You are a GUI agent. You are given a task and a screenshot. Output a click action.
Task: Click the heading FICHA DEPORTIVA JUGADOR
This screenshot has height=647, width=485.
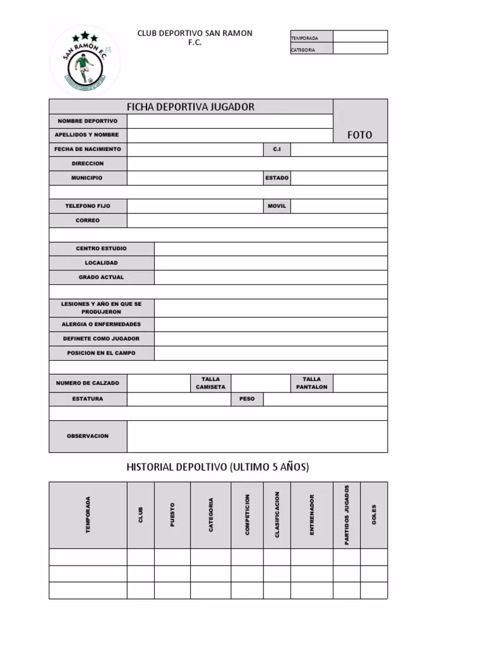[191, 107]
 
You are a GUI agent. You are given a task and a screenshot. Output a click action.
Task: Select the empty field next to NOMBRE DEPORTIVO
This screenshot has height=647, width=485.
[230, 121]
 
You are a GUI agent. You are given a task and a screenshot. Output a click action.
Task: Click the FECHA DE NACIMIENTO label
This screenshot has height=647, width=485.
[88, 149]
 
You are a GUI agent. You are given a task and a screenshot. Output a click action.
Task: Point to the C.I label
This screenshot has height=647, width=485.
[277, 149]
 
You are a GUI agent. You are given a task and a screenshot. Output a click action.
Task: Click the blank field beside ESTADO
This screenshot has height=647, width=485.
[339, 178]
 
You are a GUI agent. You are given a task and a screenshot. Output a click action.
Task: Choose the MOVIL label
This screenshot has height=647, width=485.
[277, 206]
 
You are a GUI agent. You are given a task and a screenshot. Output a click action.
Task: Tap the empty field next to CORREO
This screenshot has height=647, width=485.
[257, 221]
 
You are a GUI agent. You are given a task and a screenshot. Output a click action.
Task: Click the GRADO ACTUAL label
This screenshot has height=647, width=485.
[101, 277]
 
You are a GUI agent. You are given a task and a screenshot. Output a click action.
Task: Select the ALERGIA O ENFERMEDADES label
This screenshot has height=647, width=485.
[101, 324]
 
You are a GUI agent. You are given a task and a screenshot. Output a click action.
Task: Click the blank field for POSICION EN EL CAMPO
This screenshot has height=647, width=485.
[271, 353]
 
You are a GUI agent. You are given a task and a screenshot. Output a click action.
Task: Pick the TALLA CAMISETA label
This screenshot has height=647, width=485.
[210, 383]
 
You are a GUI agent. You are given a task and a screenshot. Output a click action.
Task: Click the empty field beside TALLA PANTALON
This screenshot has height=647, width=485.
[360, 383]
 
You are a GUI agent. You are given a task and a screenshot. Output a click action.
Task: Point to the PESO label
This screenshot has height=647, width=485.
[247, 399]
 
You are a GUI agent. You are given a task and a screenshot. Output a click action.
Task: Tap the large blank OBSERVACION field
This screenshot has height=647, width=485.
[257, 437]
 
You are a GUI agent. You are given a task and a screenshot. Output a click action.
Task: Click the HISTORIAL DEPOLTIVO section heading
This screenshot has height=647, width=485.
[218, 468]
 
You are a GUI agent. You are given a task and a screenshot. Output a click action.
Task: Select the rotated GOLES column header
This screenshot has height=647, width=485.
[374, 515]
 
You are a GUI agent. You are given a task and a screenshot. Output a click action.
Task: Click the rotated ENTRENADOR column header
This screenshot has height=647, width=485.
[311, 515]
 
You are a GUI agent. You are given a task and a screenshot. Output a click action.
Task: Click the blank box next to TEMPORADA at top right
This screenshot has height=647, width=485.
[360, 37]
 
